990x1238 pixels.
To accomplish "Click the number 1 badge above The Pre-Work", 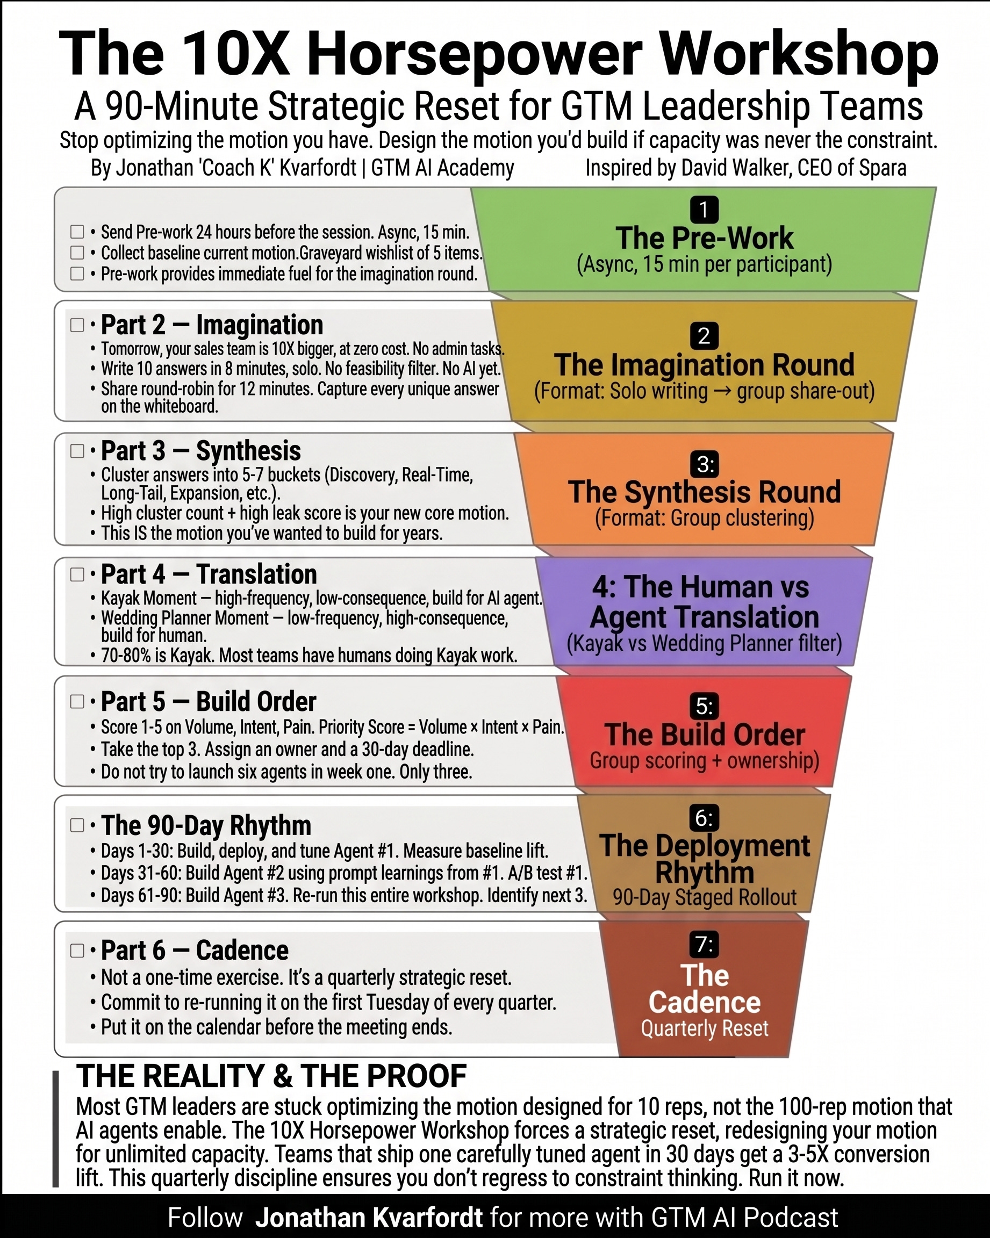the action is (x=704, y=210).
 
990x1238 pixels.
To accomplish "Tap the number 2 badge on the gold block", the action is (x=704, y=336).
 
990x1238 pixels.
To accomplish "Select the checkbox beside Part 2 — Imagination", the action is (x=77, y=325).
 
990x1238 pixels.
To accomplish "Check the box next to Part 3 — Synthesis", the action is (x=77, y=451).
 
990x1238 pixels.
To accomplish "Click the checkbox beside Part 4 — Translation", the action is (x=77, y=574).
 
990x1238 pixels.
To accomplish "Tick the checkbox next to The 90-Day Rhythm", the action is (x=77, y=825).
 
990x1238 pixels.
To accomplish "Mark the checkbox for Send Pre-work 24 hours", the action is (x=77, y=232).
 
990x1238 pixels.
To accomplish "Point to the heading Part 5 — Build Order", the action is (x=209, y=701).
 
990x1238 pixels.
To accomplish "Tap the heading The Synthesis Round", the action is (x=704, y=492).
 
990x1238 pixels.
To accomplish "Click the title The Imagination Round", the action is (x=704, y=365).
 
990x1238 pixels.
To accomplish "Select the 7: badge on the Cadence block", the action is (x=704, y=945).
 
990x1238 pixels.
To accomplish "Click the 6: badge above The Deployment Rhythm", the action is (x=704, y=818).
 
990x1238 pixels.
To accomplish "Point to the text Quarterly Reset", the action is (x=704, y=1028).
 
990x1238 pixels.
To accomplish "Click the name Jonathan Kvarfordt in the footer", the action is (x=369, y=1218).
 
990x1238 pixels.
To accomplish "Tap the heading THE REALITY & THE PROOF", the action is (x=271, y=1076).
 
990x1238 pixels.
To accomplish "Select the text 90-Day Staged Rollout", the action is (x=704, y=897).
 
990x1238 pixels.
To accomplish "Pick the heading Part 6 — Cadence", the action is (x=195, y=951).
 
